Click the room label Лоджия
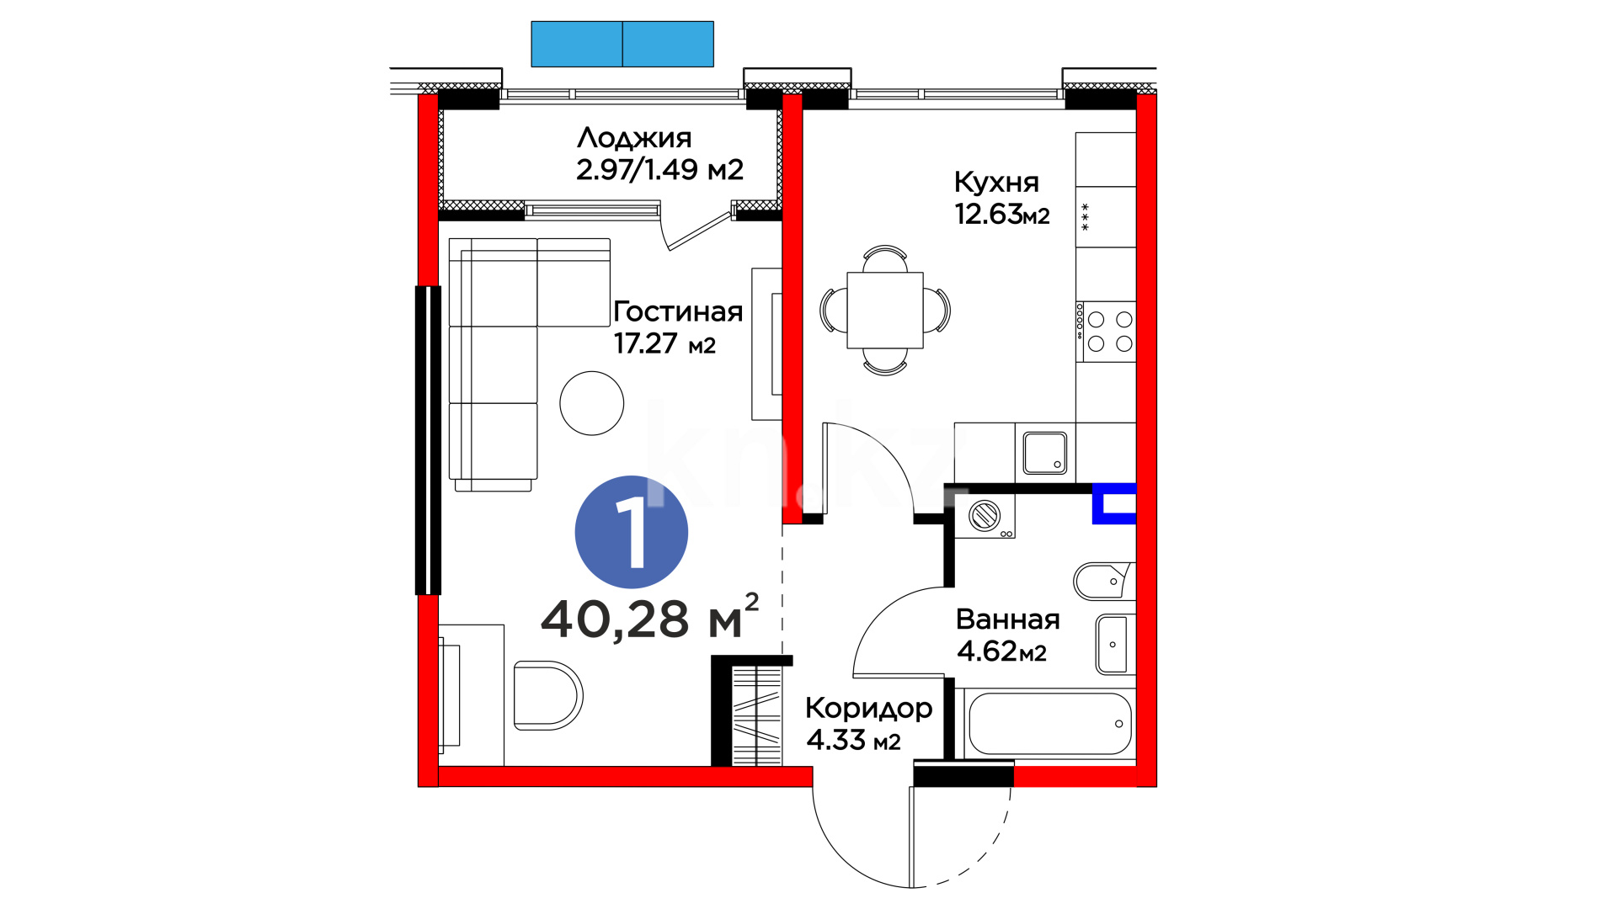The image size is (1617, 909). [634, 138]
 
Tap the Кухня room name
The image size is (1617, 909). [996, 183]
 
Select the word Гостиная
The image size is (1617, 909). [678, 312]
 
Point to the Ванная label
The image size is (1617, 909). [1008, 619]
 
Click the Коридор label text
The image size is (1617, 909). [868, 709]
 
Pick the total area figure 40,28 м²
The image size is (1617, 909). [649, 618]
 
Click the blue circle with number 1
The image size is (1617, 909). [632, 532]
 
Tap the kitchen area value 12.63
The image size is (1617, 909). [989, 215]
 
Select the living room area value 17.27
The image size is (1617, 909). [645, 343]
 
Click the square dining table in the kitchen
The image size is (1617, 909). [885, 310]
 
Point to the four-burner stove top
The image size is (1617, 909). [1106, 332]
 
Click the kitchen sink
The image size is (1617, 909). [1045, 453]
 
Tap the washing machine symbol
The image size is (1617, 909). [985, 515]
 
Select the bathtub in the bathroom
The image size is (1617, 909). [1050, 724]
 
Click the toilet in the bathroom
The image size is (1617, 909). [1104, 581]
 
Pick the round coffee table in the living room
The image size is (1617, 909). [592, 403]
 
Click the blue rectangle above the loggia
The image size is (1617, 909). [622, 44]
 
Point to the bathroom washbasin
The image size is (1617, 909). [1113, 645]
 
